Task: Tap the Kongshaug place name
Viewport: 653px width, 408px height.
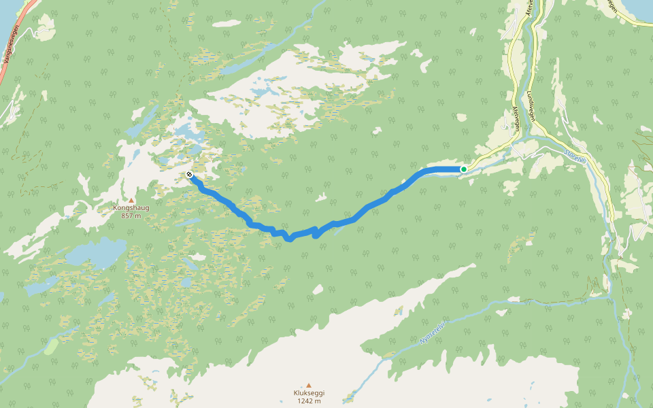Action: [x=131, y=208]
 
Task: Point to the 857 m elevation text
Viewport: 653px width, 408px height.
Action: [x=131, y=216]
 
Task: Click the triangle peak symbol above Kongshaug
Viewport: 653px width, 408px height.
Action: [x=131, y=200]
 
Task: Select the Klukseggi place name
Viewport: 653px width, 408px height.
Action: [x=308, y=393]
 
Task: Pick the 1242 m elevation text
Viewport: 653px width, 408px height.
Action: [x=308, y=401]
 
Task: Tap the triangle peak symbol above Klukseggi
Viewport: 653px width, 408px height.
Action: [x=308, y=385]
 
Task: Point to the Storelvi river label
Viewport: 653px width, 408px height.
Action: [x=574, y=155]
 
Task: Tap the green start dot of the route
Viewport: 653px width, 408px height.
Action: [x=463, y=169]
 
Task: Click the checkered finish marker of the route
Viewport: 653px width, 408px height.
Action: [x=189, y=175]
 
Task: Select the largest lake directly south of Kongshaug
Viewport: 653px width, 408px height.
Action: [x=95, y=253]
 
